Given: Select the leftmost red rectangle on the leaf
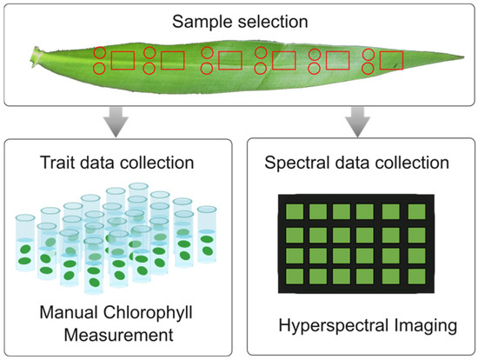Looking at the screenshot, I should click(x=123, y=60).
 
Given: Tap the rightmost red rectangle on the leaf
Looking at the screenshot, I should click(x=392, y=60).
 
